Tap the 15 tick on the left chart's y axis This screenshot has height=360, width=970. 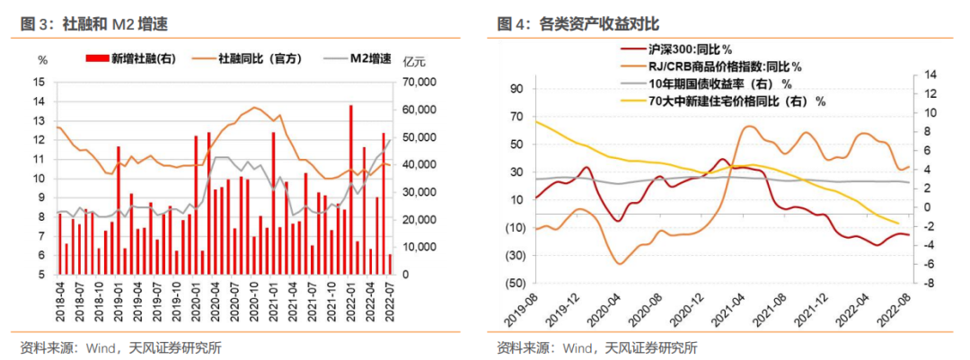click(39, 82)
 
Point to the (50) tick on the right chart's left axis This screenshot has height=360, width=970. click(515, 283)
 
